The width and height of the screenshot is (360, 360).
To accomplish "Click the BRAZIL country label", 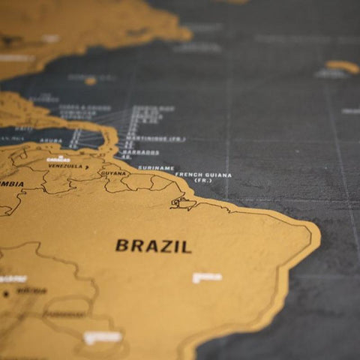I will (x=153, y=246).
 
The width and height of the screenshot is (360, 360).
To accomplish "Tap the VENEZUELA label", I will (x=65, y=166).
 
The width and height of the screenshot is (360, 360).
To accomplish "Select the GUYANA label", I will (x=114, y=173).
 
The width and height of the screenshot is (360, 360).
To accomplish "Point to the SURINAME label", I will (x=156, y=168).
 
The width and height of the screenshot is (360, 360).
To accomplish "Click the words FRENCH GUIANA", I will (x=203, y=175).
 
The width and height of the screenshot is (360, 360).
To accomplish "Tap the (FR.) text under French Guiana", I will (x=203, y=181).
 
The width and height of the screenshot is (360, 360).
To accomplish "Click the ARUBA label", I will (x=50, y=140).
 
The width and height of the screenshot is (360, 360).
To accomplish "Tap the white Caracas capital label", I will (x=58, y=159).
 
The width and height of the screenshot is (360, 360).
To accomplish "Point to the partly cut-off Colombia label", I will (x=11, y=184).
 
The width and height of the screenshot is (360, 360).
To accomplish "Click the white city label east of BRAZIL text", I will (x=207, y=277).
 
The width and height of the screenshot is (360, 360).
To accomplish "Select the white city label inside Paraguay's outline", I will (x=102, y=337).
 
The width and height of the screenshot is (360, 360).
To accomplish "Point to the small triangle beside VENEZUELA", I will (x=86, y=166).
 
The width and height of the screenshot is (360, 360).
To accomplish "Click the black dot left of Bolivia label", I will (x=6, y=293).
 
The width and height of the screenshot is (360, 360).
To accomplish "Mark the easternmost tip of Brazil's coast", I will (x=319, y=238).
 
